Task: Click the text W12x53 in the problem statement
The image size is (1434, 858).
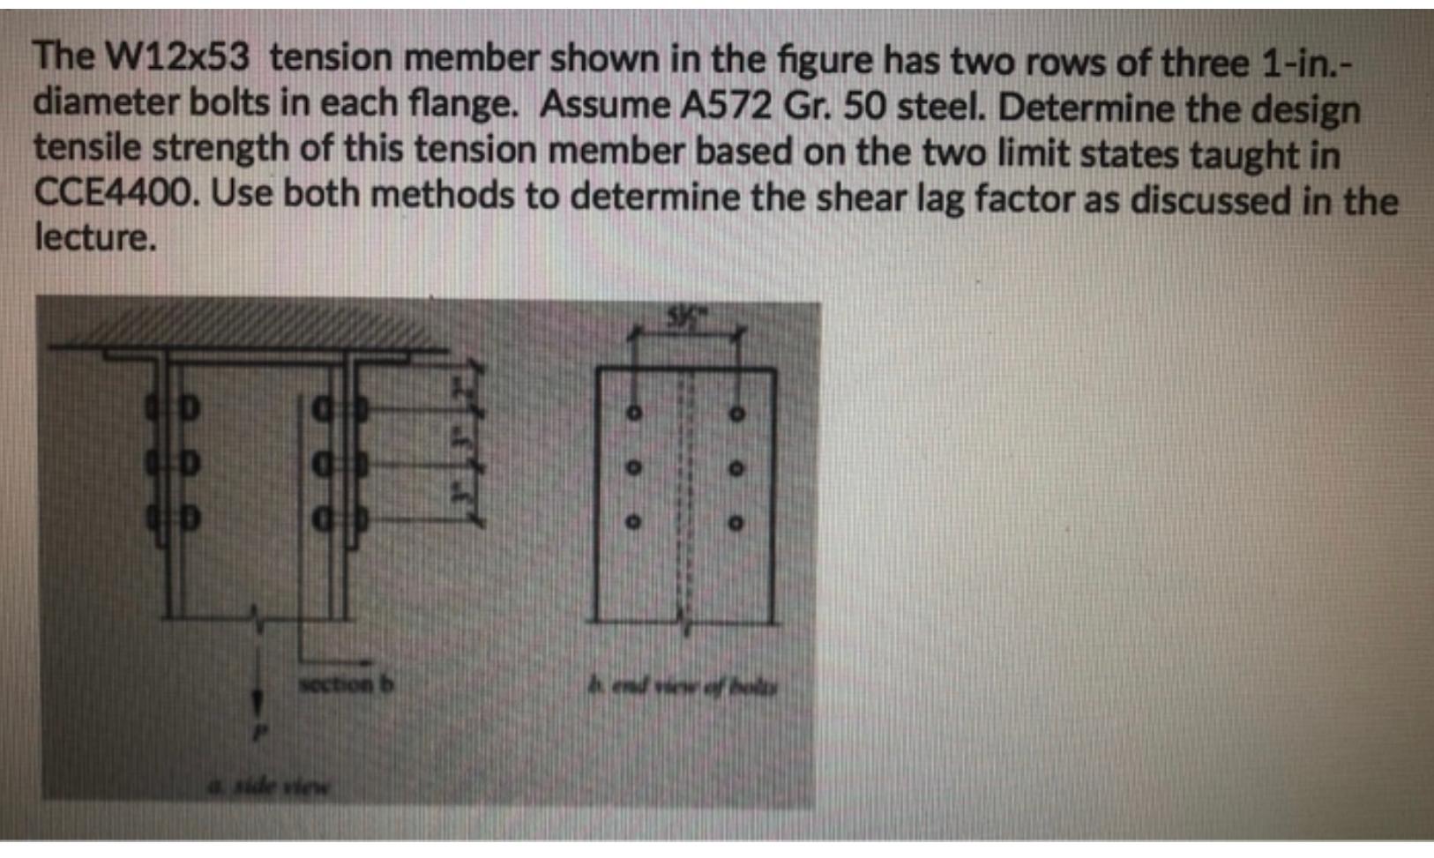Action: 177,58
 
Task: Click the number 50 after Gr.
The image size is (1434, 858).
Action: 862,107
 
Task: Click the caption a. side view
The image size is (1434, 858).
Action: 267,785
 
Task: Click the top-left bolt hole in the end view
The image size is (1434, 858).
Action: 632,413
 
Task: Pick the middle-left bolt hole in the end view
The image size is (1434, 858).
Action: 632,468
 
